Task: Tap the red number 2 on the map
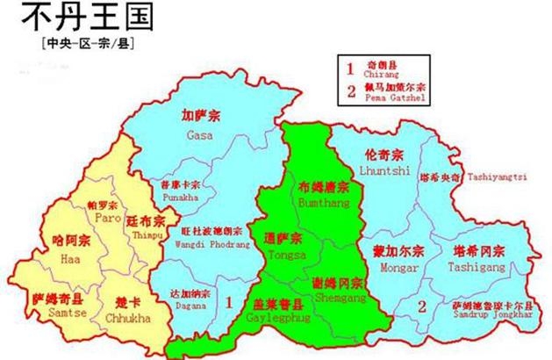coord(422,306)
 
